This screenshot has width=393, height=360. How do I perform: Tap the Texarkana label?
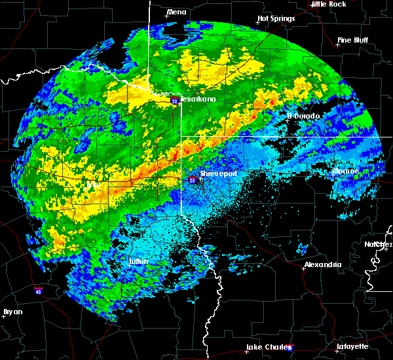coord(197,99)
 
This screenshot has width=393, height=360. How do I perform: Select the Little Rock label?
coord(328,4)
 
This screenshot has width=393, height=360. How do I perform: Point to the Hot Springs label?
coord(276,19)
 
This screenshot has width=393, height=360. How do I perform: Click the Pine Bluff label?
coord(352,40)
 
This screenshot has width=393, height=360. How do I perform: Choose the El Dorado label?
coord(303,116)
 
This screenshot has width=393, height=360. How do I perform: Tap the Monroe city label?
coord(346,171)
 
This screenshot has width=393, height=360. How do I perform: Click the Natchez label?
coord(379,244)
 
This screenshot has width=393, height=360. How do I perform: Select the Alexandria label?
coord(322,264)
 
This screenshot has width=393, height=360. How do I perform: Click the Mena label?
coord(176,12)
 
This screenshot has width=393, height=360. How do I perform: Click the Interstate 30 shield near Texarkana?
coord(174,101)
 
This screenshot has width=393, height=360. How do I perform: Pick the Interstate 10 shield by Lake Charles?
coord(289,348)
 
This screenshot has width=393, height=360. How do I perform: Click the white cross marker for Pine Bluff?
coord(337,45)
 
